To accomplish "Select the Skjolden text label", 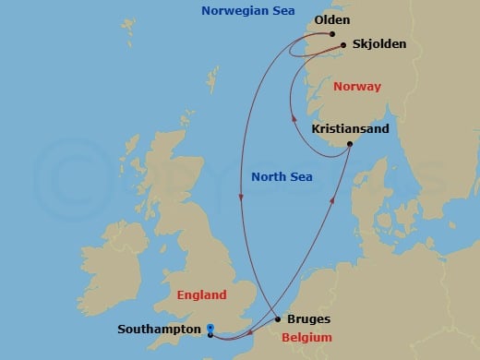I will [378, 44].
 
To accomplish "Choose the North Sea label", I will [282, 176].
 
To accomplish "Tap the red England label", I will [199, 295].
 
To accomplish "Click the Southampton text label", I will [161, 329].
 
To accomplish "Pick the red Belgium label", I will [306, 338].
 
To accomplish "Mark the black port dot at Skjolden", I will [343, 44].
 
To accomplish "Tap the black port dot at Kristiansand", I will [350, 144].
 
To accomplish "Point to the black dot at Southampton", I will [210, 334].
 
